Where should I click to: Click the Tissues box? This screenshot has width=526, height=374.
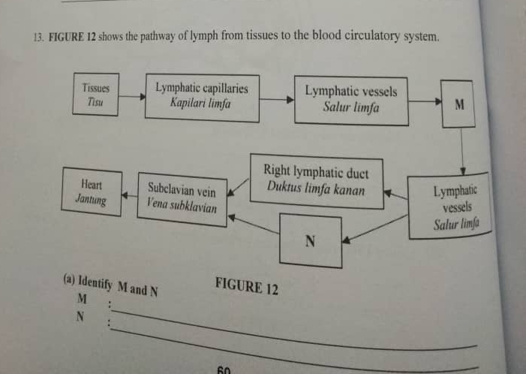(x=95, y=94)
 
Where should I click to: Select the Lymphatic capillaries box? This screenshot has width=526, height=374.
(x=202, y=97)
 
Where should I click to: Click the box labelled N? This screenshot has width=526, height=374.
(x=310, y=241)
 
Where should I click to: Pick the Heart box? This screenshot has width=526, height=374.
(x=92, y=192)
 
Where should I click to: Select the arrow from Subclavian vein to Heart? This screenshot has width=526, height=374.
(x=129, y=196)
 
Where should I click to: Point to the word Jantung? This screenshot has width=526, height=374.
(x=90, y=201)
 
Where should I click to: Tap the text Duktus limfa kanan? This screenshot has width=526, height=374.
(x=316, y=190)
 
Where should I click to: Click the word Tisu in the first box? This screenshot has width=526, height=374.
(x=95, y=101)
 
